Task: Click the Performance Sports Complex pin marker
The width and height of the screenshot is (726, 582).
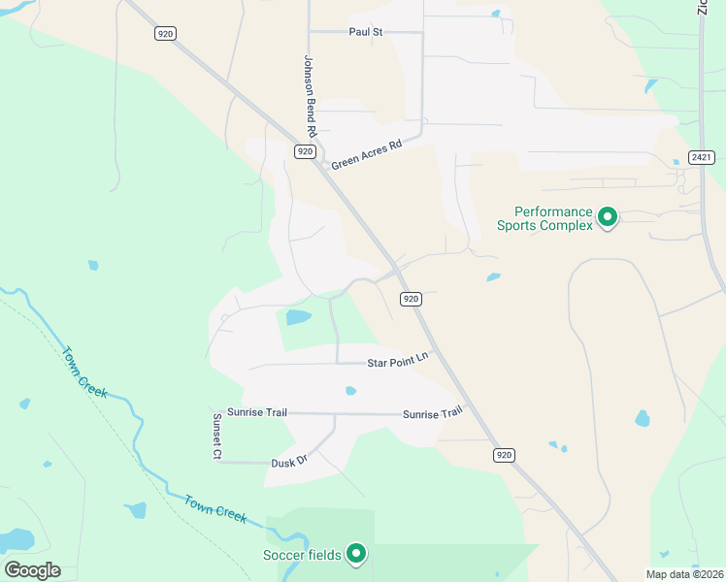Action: (x=608, y=216)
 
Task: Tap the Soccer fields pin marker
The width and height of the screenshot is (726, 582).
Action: (x=356, y=554)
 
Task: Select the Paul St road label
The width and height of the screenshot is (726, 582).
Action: (x=366, y=32)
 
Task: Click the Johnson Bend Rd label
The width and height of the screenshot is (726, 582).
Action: (x=311, y=95)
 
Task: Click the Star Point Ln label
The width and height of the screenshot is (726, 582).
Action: (x=397, y=363)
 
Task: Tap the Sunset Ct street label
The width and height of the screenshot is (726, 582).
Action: (x=218, y=436)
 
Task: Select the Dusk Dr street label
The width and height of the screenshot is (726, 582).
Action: (x=288, y=461)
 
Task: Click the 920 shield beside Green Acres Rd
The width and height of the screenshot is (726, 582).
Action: (x=305, y=151)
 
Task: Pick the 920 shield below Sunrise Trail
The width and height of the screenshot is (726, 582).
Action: (x=503, y=455)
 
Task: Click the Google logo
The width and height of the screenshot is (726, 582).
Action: (x=32, y=569)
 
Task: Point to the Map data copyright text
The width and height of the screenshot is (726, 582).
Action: (x=685, y=574)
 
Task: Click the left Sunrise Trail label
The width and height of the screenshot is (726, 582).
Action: (x=257, y=412)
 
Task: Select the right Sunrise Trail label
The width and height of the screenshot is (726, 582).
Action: (x=433, y=414)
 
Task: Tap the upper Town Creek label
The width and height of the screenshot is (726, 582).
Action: (x=84, y=372)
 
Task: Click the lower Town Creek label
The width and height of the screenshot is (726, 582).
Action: (x=215, y=508)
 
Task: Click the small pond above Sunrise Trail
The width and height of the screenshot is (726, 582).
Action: (x=350, y=391)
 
